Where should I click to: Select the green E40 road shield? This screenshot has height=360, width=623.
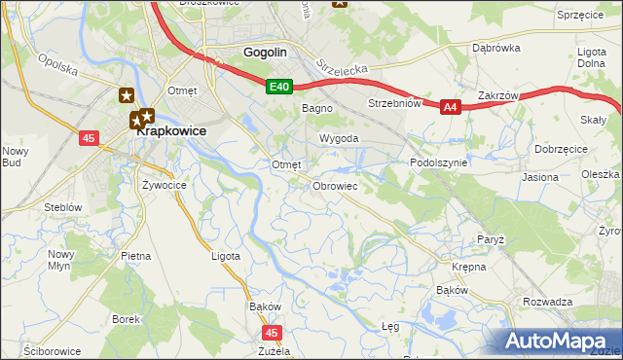[279, 88]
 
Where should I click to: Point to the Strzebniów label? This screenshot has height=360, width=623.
[392, 103]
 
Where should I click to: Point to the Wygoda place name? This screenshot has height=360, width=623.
[340, 139]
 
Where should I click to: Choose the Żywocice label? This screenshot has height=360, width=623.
[164, 184]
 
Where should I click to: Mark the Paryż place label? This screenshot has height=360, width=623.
[490, 238]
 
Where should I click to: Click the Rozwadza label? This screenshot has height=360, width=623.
[547, 302]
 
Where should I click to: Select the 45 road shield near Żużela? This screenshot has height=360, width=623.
[273, 333]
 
